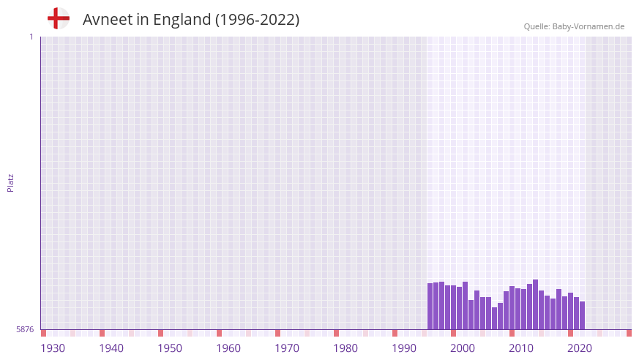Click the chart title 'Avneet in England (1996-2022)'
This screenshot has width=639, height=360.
(191, 20)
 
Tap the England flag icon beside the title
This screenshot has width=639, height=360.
(58, 18)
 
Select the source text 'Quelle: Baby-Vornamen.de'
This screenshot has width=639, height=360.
(574, 26)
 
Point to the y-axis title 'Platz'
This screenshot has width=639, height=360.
(10, 182)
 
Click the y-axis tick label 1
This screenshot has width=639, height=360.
(31, 37)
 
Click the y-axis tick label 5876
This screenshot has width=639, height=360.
(25, 330)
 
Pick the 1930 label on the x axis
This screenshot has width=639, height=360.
(53, 348)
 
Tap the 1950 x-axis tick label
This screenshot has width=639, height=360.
(170, 348)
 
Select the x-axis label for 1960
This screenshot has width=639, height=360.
(228, 348)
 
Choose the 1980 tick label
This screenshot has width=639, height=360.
(345, 348)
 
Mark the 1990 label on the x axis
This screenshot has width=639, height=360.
(404, 348)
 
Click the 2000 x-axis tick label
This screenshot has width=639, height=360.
(463, 348)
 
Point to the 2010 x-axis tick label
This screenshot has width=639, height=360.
(521, 348)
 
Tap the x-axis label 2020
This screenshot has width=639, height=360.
(580, 348)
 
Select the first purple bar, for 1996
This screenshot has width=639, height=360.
(430, 307)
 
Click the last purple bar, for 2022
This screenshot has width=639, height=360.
(582, 315)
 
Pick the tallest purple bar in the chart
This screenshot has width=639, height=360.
(535, 304)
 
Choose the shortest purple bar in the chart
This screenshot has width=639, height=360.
(494, 318)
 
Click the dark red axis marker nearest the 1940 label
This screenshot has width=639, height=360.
(102, 333)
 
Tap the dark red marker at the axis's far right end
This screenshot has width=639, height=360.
(629, 333)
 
